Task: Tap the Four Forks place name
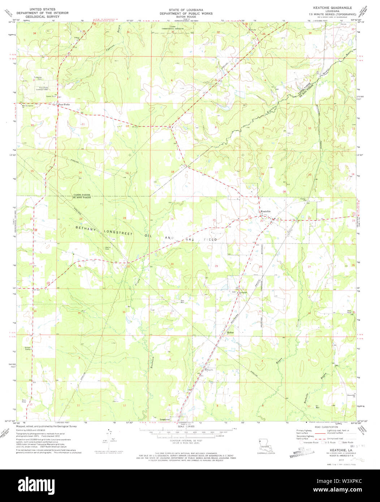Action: point(64,105)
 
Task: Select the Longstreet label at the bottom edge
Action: point(160,419)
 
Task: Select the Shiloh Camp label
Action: point(27,348)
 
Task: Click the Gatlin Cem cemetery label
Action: point(108,248)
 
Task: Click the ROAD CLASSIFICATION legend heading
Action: point(325,427)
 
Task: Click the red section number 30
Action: point(172,264)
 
